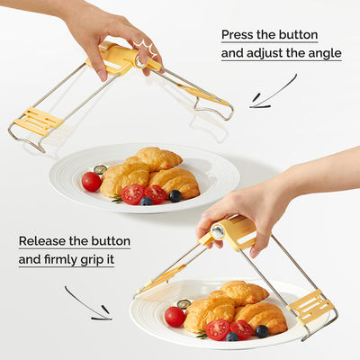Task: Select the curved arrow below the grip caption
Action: point(87,303)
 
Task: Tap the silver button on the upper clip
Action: point(140,61)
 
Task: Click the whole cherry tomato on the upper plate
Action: point(92,182)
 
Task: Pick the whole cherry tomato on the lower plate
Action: point(175,317)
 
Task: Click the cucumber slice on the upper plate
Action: point(100,169)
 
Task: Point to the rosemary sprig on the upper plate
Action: point(117,198)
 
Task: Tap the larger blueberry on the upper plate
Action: point(175,196)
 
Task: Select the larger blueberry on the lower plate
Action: point(262,331)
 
